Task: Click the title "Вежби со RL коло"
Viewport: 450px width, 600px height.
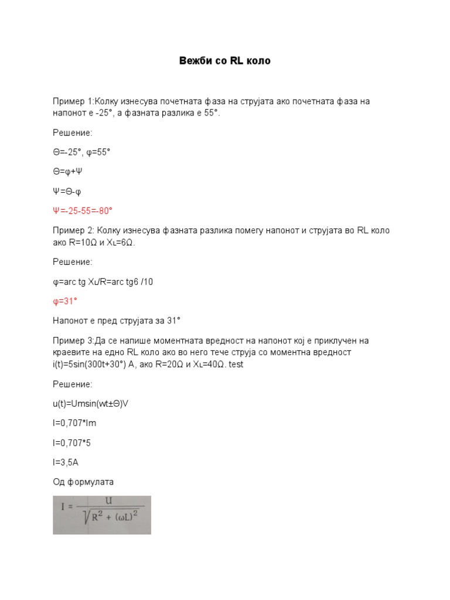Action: pos(224,61)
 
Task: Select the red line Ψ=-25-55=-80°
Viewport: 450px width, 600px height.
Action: pos(83,210)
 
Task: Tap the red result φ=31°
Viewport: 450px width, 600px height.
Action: pos(65,301)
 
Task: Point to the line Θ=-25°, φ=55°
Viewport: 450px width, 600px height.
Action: pos(81,152)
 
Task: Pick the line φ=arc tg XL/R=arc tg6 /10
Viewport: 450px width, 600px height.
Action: pos(103,282)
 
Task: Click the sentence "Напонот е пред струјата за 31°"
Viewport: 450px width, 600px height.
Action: pos(117,321)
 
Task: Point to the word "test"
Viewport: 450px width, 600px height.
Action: pos(236,364)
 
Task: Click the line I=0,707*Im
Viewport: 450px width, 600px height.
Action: pos(74,423)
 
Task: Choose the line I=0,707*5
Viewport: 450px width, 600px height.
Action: pos(72,443)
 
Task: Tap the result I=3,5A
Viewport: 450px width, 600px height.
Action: pos(66,462)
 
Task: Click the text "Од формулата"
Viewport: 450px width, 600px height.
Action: pos(83,482)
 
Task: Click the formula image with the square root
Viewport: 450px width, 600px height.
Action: pos(102,515)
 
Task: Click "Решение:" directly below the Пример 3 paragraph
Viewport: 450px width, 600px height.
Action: pos(73,384)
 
